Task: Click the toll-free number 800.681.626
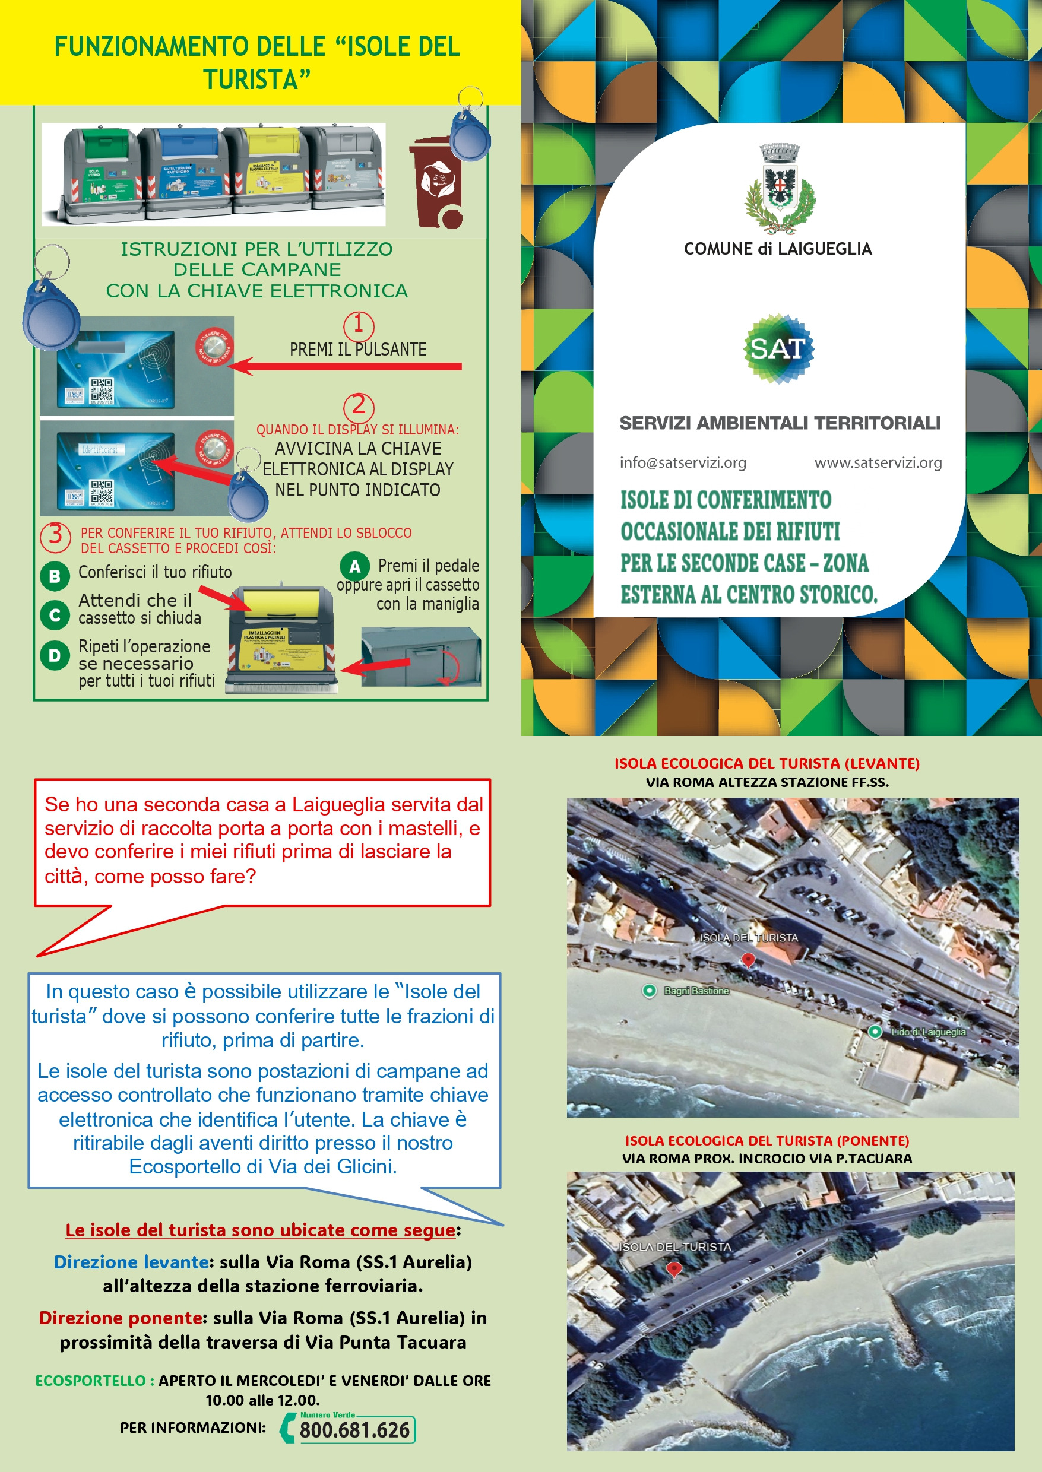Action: (x=354, y=1430)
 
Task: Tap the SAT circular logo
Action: (x=778, y=348)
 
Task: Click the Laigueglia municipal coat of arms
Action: (x=780, y=188)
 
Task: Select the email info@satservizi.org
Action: (x=683, y=462)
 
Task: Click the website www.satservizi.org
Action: (x=878, y=462)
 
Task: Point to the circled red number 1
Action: (x=359, y=325)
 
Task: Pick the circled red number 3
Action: (x=55, y=535)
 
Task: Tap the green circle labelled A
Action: (x=354, y=566)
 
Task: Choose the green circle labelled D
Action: (x=55, y=655)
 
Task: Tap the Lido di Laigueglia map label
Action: (x=927, y=1032)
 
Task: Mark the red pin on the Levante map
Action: (x=748, y=960)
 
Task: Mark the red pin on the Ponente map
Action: (x=674, y=1268)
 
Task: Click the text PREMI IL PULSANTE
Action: (x=358, y=350)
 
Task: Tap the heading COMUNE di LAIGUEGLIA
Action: (x=778, y=249)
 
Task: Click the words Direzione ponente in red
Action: (x=121, y=1318)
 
